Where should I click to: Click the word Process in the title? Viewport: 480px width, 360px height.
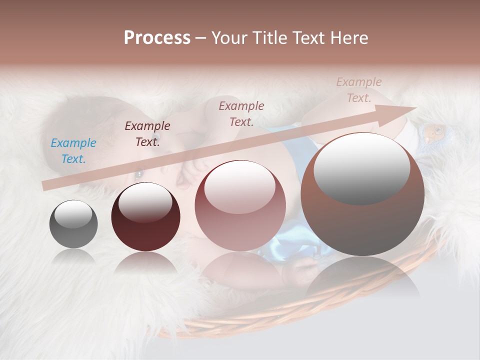[x=157, y=38]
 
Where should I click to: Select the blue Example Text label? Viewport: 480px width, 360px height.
[x=73, y=151]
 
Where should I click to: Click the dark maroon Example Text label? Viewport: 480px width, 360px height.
[x=147, y=133]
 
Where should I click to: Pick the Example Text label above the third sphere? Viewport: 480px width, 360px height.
[x=241, y=113]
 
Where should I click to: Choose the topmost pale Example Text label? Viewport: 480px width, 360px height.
[x=359, y=90]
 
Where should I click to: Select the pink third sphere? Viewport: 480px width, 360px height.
[x=240, y=220]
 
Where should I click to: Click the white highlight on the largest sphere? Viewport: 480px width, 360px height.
[x=362, y=167]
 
